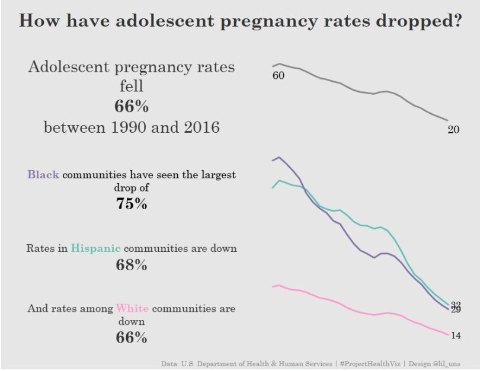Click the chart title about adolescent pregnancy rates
tap(241, 22)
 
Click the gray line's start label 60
tap(278, 76)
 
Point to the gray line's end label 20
tap(453, 130)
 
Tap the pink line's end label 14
tap(456, 336)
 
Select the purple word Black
tap(43, 175)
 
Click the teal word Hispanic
tap(95, 248)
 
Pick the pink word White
tap(132, 309)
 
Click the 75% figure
tap(132, 204)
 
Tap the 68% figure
tap(132, 265)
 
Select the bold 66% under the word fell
tap(132, 107)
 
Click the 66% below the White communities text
tap(132, 338)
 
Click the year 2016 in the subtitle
tap(197, 127)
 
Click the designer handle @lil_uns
tap(447, 363)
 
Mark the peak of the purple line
tap(279, 157)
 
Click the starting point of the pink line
tap(273, 287)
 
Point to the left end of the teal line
tap(272, 188)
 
